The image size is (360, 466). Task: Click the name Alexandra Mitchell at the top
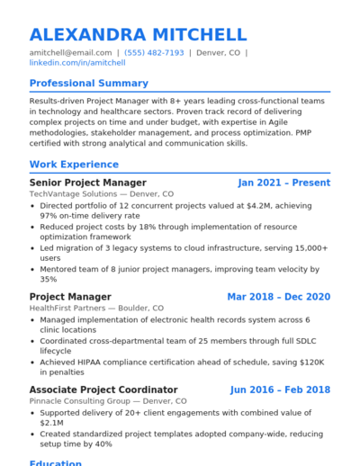(138, 35)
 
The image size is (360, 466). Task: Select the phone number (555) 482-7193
(154, 53)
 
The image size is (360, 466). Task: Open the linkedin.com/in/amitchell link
(77, 64)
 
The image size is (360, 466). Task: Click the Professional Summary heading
(88, 84)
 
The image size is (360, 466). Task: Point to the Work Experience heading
(74, 165)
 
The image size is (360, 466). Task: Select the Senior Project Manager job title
(87, 183)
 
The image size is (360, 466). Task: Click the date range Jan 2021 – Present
(283, 183)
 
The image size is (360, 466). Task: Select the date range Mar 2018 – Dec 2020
(278, 297)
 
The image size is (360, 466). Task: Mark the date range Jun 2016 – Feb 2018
(280, 390)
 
